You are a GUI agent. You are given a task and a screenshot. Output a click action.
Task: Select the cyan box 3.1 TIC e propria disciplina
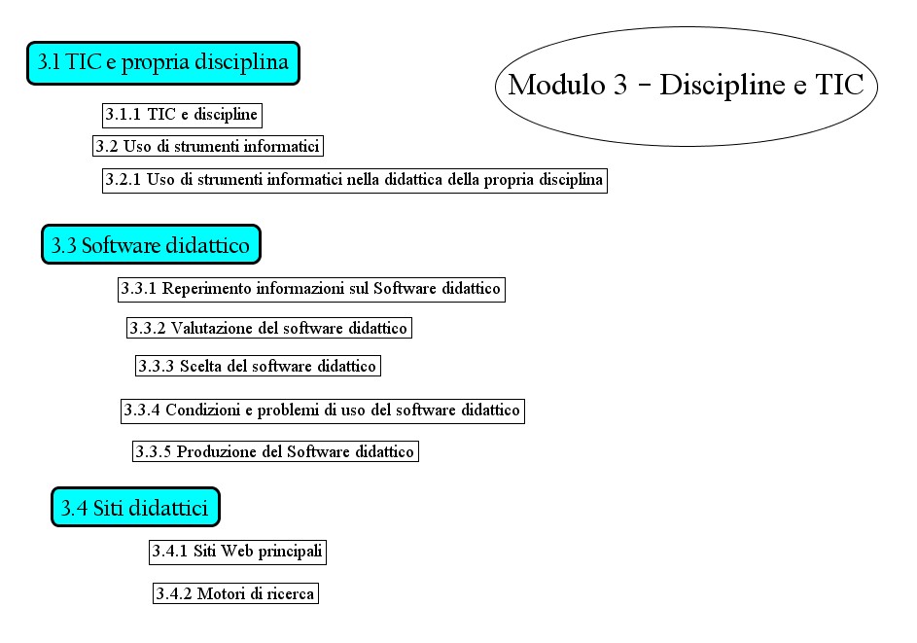(x=162, y=63)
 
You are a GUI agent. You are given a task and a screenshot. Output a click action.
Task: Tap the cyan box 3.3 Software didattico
(x=151, y=245)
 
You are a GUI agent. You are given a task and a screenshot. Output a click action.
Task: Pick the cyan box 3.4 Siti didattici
(x=135, y=508)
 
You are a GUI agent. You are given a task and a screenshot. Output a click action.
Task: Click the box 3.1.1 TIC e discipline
(x=182, y=115)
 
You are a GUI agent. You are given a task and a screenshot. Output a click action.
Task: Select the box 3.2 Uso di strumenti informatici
(x=207, y=147)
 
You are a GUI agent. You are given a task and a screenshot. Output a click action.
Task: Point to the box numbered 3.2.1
(x=355, y=180)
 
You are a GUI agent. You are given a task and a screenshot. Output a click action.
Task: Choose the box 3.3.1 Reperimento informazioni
(x=311, y=289)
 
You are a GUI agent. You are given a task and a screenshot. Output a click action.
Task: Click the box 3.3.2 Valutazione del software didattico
(x=268, y=328)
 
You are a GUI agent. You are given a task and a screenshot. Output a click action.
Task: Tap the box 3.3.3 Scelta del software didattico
(x=257, y=366)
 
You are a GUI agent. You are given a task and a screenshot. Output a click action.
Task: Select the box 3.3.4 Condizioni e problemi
(x=323, y=411)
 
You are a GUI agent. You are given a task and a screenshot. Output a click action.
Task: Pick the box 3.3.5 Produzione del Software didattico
(x=275, y=451)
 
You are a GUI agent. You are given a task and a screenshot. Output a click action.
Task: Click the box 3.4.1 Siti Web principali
(x=237, y=553)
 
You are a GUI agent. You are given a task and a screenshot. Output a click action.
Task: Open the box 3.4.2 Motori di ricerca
(x=235, y=593)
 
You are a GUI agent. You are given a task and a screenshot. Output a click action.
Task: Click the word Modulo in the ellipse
(x=556, y=85)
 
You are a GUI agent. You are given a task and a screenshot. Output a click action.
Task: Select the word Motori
(x=220, y=593)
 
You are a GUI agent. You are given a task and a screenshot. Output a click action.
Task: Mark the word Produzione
(x=214, y=451)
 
